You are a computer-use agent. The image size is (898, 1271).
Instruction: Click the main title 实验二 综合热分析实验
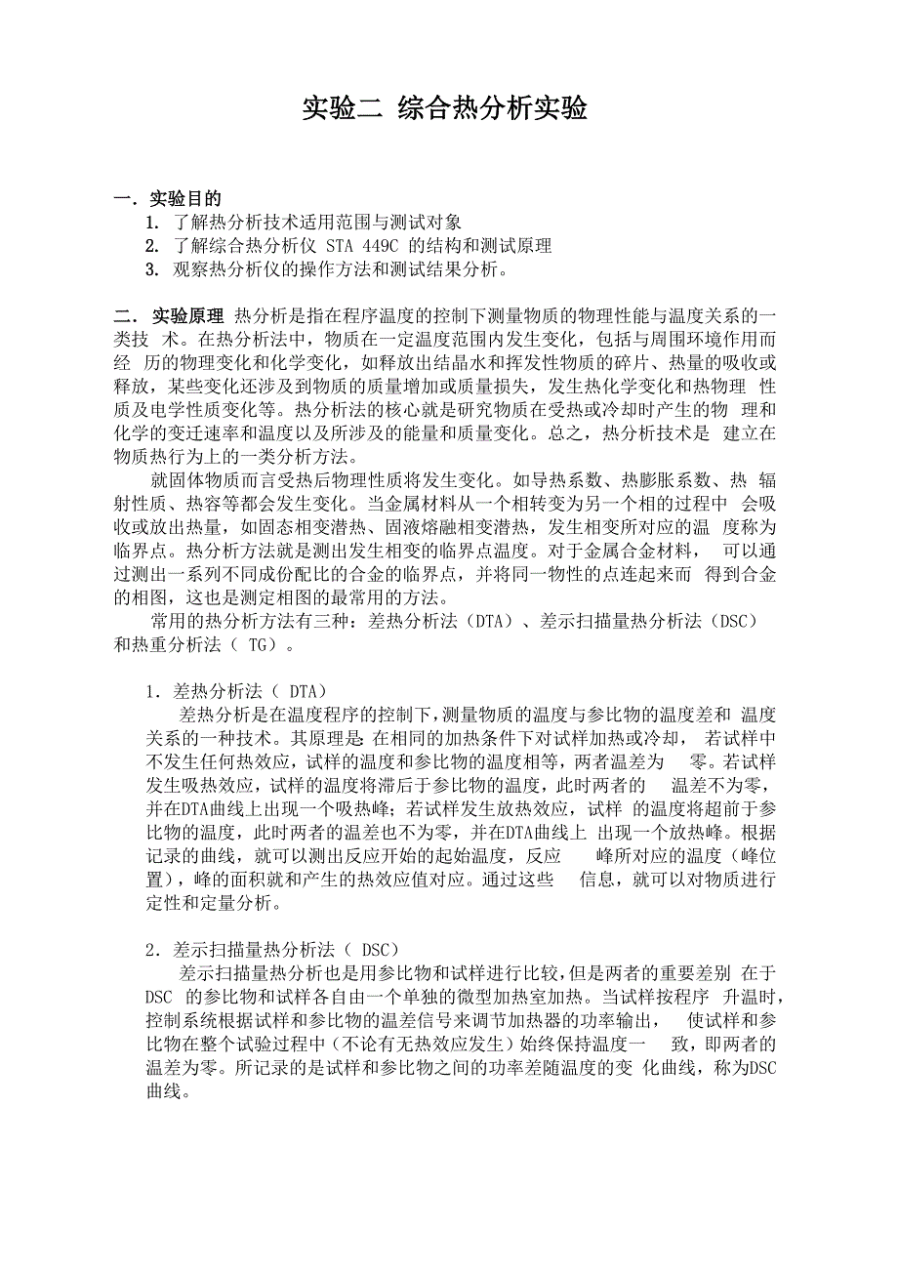[444, 108]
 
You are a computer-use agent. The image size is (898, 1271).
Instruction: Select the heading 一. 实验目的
[167, 199]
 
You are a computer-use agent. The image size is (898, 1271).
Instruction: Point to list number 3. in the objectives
[151, 268]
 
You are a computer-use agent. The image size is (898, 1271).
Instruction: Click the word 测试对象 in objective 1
[429, 223]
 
